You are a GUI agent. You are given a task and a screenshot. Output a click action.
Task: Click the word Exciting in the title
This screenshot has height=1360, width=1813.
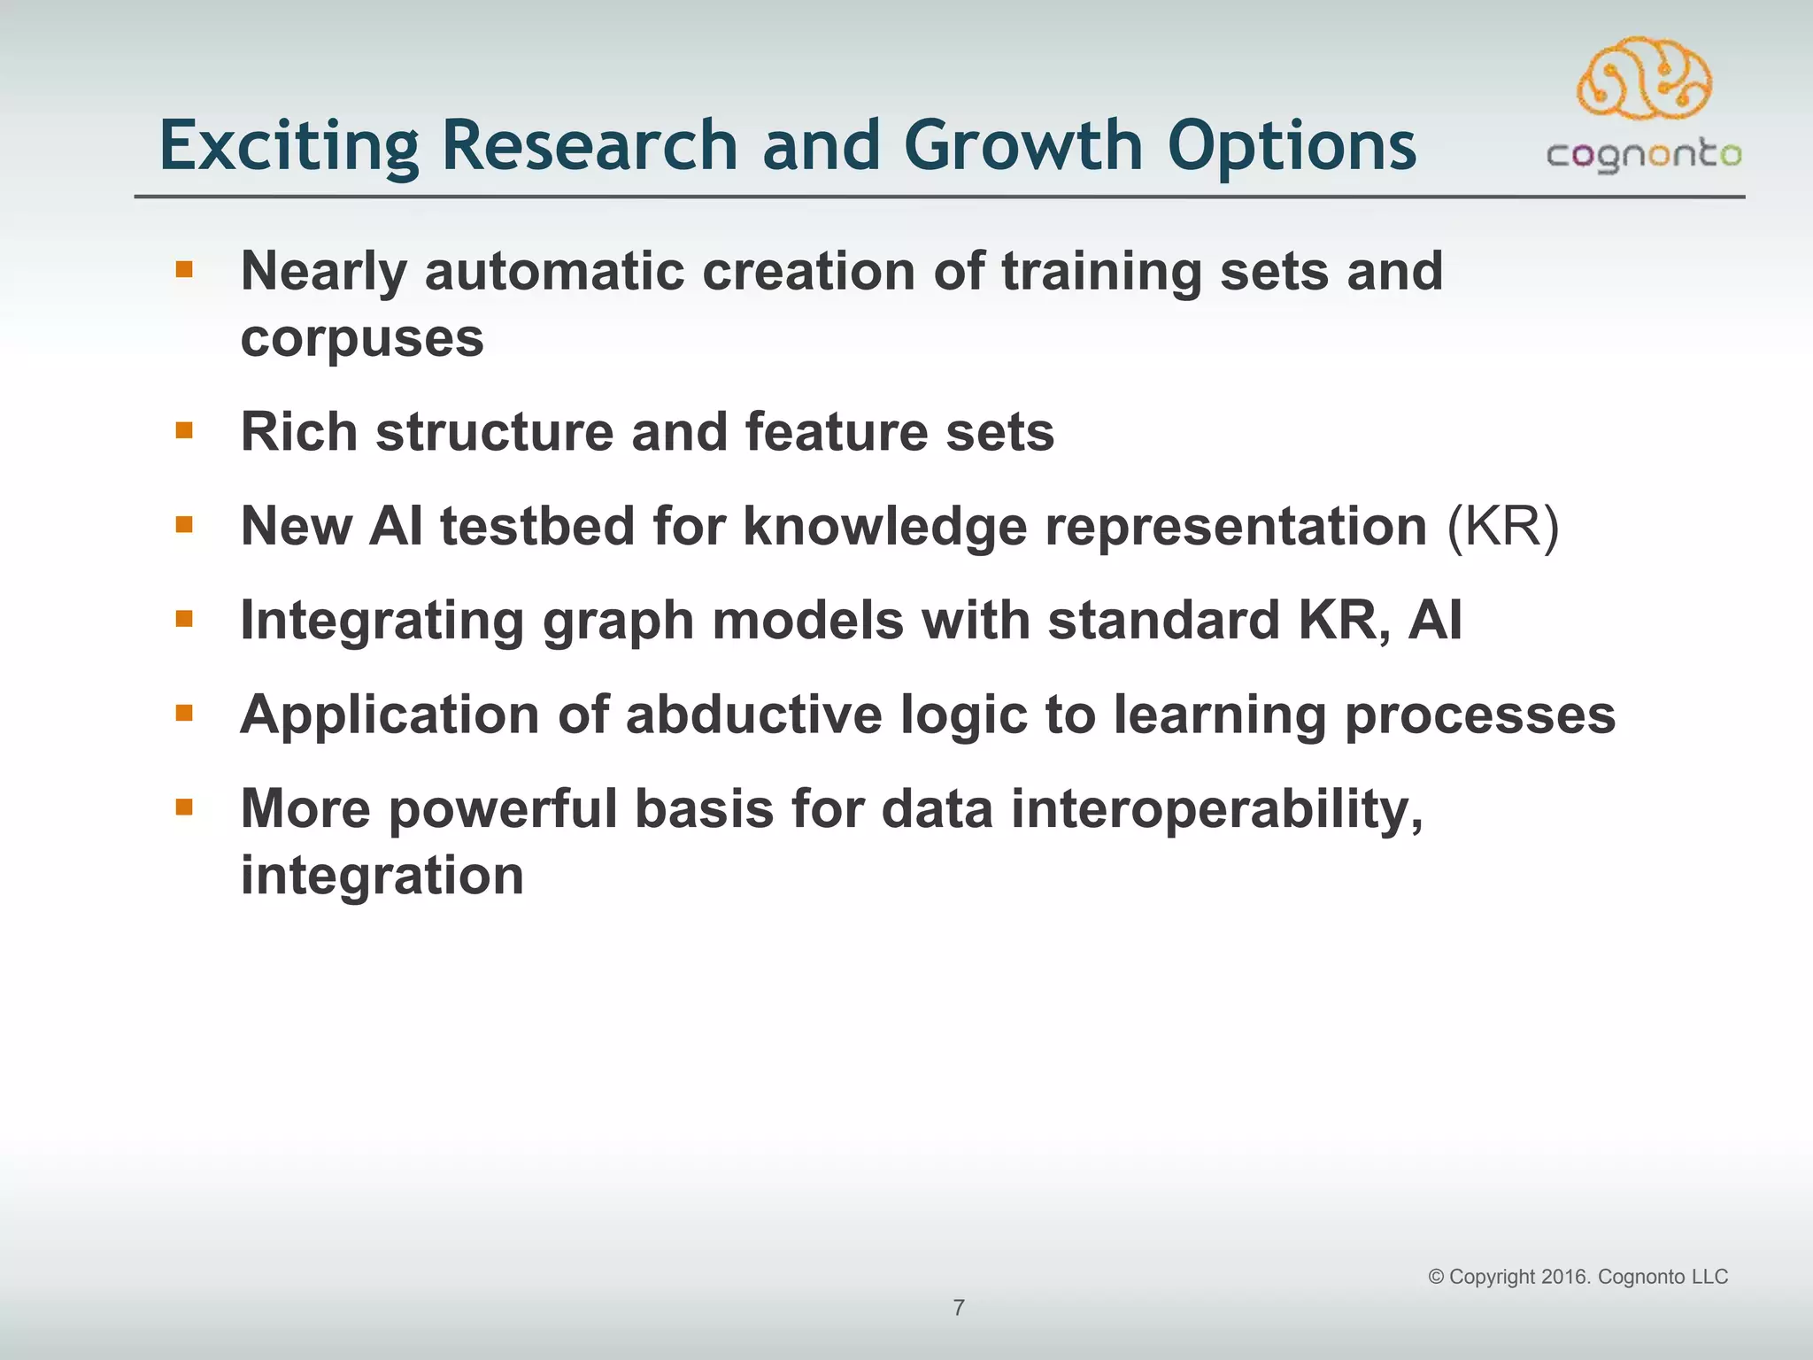pos(289,146)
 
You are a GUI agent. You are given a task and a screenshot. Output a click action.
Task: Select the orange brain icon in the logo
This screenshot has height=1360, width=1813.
pos(1644,78)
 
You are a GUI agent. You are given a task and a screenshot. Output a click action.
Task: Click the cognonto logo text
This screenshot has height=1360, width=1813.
pos(1644,156)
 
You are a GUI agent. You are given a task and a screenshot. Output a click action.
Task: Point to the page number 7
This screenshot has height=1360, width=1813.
pos(959,1308)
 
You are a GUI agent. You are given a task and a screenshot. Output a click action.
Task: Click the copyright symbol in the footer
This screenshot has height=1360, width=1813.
pos(1436,1277)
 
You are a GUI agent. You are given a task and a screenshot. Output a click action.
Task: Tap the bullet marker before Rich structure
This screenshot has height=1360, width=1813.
pos(184,431)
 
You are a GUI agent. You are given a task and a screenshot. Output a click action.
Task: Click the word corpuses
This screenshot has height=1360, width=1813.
pos(362,338)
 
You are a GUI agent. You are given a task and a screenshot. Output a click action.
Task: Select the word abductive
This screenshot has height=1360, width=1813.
pos(754,715)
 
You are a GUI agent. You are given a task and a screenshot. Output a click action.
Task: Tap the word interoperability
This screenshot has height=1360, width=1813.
pos(1217,809)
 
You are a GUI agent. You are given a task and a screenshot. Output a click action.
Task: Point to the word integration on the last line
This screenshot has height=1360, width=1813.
pos(382,876)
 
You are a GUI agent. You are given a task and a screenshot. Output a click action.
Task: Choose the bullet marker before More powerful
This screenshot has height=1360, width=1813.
pos(184,807)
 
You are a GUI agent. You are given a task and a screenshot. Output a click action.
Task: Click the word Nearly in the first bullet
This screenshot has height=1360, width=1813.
pos(323,271)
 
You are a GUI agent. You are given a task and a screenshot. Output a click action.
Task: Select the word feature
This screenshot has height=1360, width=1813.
pos(837,432)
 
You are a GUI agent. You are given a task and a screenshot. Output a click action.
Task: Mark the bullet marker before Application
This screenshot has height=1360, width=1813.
pos(184,713)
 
